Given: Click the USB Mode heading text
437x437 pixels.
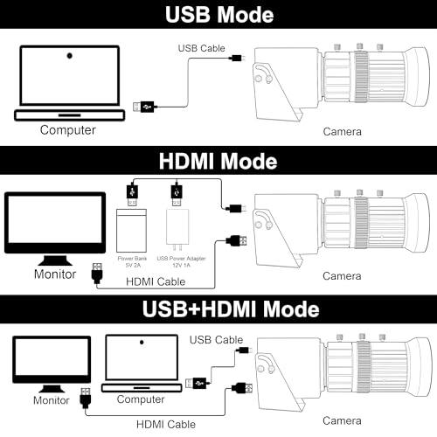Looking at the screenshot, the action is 219,14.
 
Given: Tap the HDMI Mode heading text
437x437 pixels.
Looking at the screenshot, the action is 218,161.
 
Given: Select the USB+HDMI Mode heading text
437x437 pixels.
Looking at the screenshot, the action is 231,309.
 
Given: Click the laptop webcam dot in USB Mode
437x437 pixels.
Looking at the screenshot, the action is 69,55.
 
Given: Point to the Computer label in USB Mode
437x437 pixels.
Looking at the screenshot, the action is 67,130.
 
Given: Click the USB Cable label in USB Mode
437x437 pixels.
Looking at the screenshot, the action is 202,48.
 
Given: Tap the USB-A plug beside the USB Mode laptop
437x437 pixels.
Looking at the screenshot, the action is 145,107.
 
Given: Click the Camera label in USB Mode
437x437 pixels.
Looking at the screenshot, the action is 342,132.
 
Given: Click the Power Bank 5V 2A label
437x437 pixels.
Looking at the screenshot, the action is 133,261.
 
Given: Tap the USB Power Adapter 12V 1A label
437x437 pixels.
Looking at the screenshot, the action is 181,261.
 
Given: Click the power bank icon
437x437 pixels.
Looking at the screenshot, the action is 131,231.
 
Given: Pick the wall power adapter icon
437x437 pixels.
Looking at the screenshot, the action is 177,230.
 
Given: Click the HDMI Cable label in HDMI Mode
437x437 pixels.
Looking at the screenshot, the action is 156,281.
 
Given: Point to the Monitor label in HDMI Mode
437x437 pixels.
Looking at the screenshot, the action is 55,274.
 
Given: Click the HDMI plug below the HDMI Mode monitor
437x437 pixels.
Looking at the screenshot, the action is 97,274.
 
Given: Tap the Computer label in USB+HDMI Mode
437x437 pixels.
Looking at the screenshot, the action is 141,399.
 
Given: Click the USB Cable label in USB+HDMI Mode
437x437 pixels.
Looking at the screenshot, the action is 216,340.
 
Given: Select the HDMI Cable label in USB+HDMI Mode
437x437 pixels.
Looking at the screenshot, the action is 166,425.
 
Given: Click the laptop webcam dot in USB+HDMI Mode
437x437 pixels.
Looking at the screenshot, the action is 142,342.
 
